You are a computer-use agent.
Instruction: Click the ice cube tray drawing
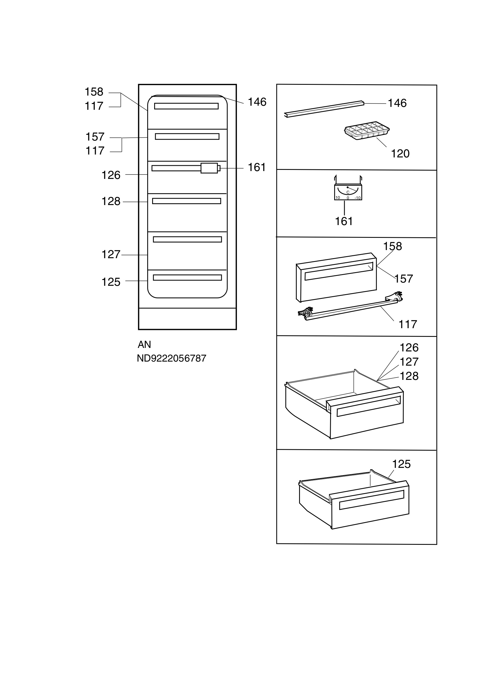(x=367, y=131)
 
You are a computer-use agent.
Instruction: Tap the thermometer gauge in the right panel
(x=348, y=192)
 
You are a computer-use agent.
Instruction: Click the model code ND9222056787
(x=171, y=358)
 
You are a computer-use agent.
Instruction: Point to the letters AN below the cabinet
(x=144, y=344)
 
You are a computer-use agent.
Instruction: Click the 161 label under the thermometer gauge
(x=343, y=221)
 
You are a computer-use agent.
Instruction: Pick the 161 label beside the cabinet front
(x=257, y=167)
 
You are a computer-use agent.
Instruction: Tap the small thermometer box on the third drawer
(x=209, y=168)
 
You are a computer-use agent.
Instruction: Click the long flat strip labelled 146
(x=324, y=109)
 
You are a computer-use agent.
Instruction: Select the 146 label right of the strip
(x=397, y=103)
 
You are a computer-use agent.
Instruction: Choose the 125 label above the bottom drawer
(x=401, y=464)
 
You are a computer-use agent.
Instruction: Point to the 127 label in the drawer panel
(x=409, y=362)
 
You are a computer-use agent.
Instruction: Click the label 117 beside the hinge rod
(x=408, y=324)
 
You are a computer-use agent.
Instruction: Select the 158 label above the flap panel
(x=392, y=246)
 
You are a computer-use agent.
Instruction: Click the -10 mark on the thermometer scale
(x=358, y=198)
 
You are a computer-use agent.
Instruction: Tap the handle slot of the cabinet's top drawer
(x=186, y=106)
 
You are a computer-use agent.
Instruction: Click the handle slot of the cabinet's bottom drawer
(x=187, y=277)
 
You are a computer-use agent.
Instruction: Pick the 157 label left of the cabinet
(x=95, y=137)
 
